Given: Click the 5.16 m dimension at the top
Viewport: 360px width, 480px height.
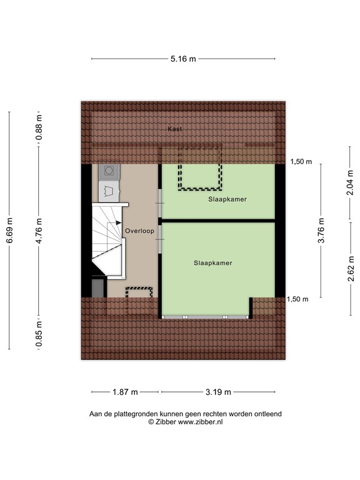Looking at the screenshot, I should coord(184,59).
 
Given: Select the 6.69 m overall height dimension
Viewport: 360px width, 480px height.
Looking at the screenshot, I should coord(9,231).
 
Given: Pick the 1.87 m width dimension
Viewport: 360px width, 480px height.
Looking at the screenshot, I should coord(126,392).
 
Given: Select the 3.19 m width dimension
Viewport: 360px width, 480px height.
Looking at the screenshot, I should coord(219,392).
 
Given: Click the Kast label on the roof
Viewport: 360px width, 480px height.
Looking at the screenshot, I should coord(175,129).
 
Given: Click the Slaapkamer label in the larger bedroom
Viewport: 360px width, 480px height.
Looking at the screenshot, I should coord(212,263).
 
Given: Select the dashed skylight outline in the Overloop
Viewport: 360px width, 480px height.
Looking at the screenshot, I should coord(139,300).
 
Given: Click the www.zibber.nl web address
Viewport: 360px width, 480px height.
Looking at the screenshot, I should coord(201,422).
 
